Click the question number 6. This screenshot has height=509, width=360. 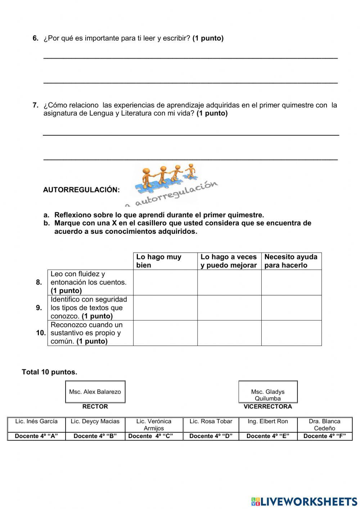tap(35, 38)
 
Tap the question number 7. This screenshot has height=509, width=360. tap(35, 105)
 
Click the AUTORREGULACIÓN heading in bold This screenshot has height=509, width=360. tap(81, 190)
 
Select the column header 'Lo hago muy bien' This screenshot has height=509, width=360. tap(165, 261)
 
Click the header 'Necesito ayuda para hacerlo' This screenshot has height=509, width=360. tap(291, 261)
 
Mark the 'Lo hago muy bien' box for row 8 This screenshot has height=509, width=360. tap(165, 282)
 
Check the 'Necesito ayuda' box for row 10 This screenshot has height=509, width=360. tap(291, 333)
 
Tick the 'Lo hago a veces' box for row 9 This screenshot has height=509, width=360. tap(229, 308)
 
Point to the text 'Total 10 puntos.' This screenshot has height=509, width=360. tap(49, 372)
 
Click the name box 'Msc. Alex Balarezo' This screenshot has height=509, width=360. tap(95, 392)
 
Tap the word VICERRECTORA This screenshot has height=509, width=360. tap(267, 407)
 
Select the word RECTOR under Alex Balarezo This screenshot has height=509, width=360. tap(95, 407)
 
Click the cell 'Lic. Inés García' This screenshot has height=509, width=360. tap(36, 421)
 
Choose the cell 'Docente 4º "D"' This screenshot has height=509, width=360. tap(211, 436)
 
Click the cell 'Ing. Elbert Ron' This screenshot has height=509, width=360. tap(267, 421)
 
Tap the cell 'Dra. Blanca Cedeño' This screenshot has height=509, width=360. tap(324, 425)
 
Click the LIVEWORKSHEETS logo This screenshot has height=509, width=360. tap(304, 501)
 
